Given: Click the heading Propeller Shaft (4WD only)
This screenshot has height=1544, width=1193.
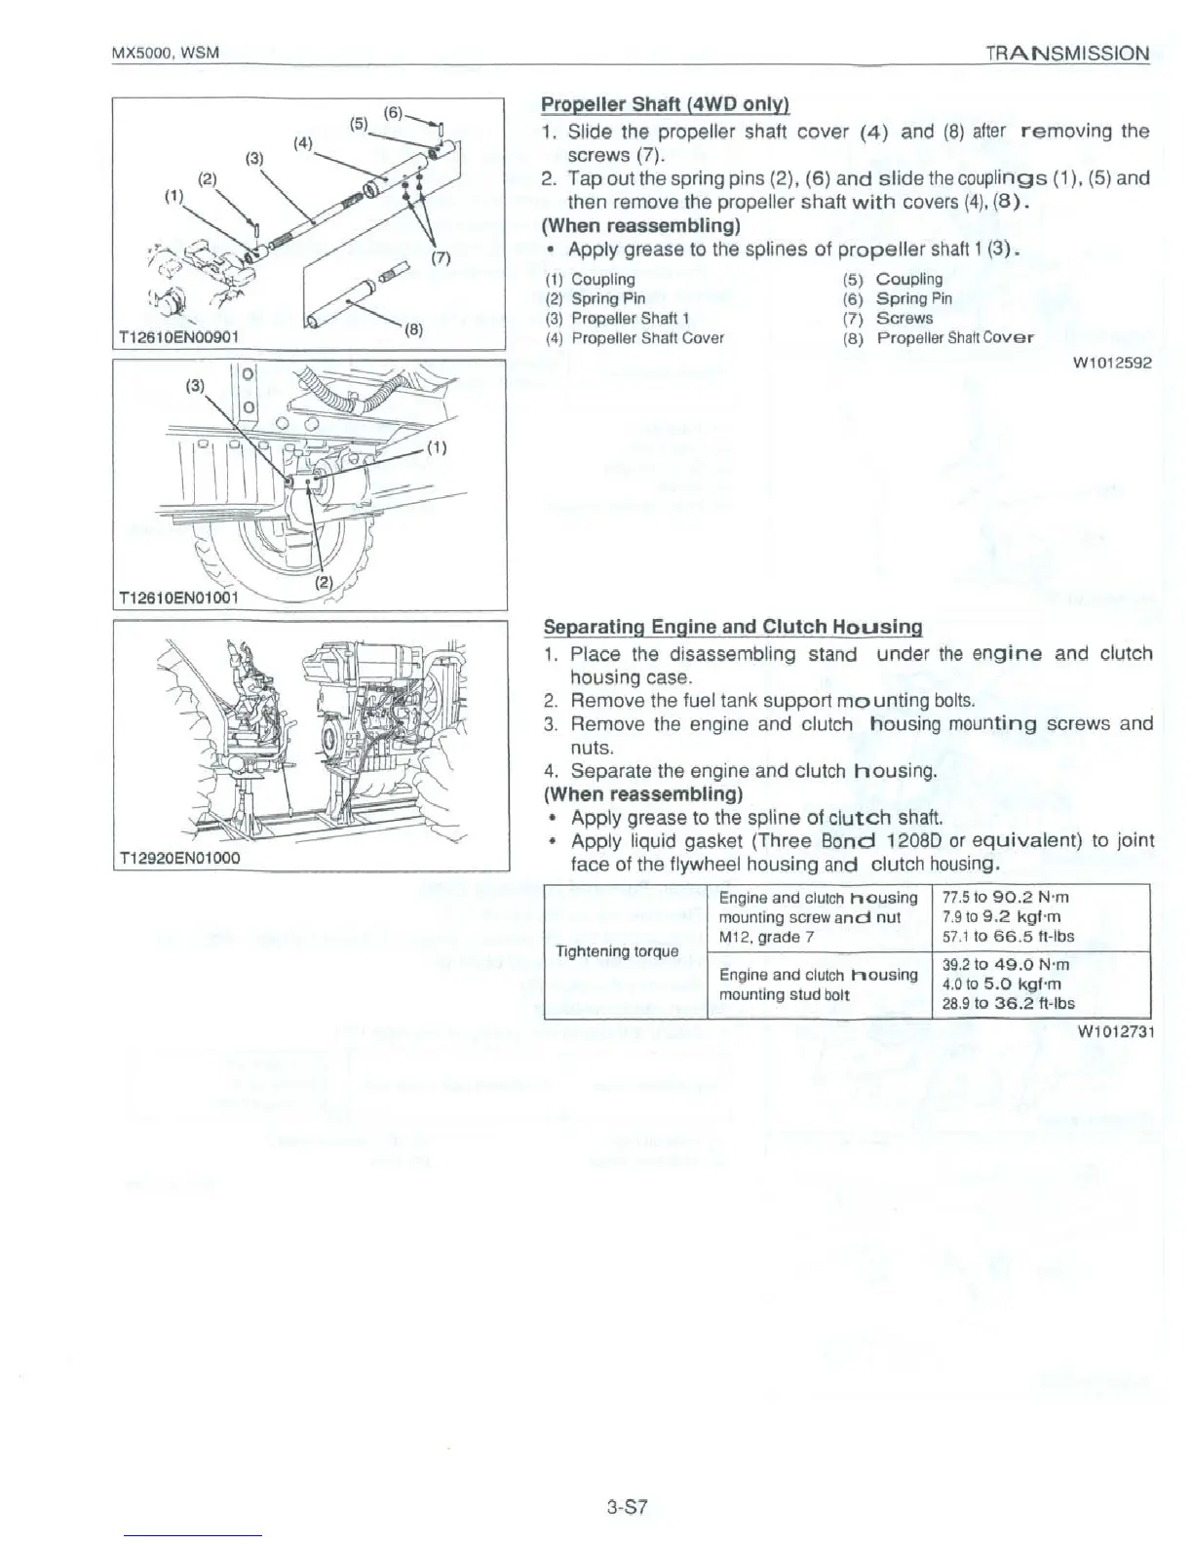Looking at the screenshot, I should [x=665, y=105].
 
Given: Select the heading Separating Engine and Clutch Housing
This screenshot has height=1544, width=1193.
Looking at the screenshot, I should [x=732, y=627].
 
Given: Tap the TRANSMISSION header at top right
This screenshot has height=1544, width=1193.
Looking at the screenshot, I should [x=1067, y=54].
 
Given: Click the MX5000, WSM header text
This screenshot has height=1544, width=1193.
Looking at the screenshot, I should [x=165, y=54].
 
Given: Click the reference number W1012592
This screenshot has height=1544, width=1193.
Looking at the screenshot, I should [x=1112, y=364].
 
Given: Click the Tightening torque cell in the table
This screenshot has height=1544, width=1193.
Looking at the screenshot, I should [x=616, y=950].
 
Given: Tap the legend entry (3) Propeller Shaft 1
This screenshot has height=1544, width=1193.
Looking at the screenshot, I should [x=631, y=319].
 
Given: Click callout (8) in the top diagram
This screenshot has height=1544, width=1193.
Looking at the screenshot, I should [x=412, y=329].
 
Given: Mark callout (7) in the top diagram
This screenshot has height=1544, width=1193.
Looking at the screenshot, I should [x=440, y=259].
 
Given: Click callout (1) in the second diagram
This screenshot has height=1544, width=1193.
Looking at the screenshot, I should [x=436, y=449].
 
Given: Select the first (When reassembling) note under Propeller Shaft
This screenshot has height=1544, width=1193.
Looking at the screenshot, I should [x=640, y=226].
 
